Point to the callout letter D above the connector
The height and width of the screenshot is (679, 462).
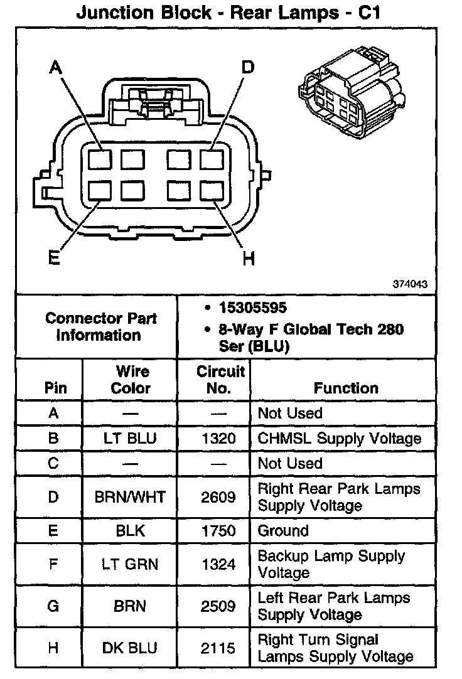[248, 67]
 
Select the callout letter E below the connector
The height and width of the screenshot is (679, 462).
[53, 258]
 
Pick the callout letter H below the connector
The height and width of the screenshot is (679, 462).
[249, 258]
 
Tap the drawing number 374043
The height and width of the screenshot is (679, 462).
[410, 284]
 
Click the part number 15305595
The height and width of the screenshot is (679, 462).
[252, 308]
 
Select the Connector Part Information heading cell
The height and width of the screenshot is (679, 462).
[101, 326]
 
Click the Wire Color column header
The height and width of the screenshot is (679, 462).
[131, 379]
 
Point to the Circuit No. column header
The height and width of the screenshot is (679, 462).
[220, 379]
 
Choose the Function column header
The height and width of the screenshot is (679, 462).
[346, 388]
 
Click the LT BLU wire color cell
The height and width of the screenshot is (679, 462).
[131, 438]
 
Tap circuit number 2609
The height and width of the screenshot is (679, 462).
[218, 497]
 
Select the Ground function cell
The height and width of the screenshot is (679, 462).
[283, 530]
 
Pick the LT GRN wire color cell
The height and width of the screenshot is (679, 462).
[131, 564]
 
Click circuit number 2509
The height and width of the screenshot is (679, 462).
[218, 606]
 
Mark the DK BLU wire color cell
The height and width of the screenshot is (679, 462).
[131, 648]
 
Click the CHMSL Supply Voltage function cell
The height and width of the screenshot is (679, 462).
[339, 438]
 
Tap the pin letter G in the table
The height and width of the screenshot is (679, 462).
[53, 606]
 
